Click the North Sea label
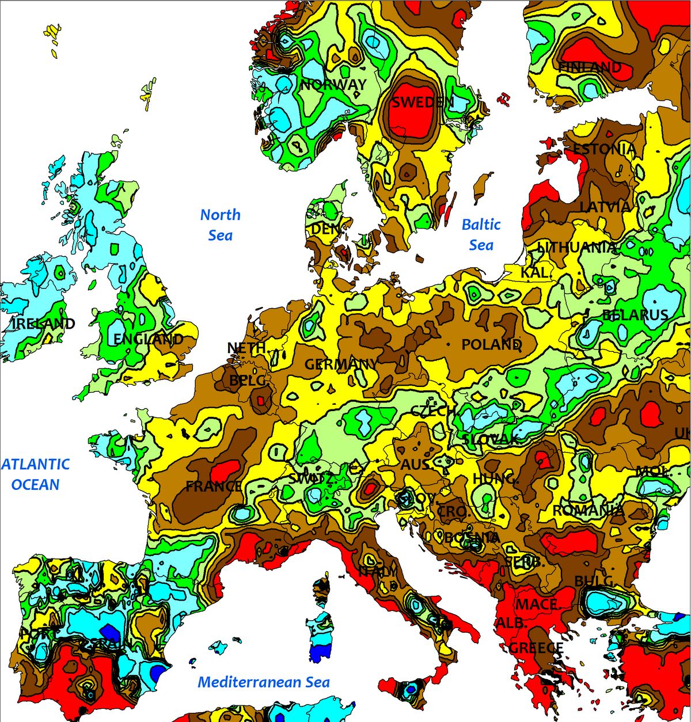coord(220,225)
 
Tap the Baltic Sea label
coord(481,235)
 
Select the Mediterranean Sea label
coord(264,682)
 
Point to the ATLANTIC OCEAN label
coord(35,474)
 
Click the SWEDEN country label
coord(423,102)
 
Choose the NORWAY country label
coord(333,85)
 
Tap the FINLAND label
coord(590,67)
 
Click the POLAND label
coord(491,345)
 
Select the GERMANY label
coord(341,364)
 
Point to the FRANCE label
coord(214,487)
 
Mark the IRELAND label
coord(43,324)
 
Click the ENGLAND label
coord(148,339)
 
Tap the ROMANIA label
coord(588,511)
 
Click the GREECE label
coord(536,648)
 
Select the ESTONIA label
coord(604,149)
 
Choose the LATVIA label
coord(605,207)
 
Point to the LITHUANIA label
coord(577,248)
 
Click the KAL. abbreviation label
coord(535,272)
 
